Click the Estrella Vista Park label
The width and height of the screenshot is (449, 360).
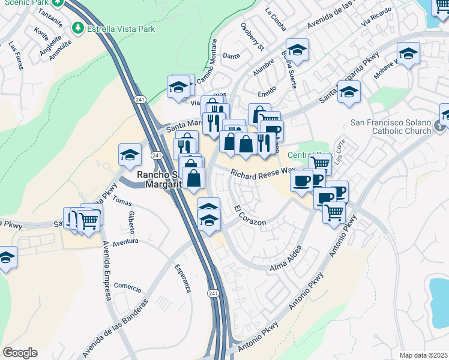(121, 28)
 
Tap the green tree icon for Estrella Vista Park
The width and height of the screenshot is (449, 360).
(78, 28)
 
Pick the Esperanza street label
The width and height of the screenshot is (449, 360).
(182, 278)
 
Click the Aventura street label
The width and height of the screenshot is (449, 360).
(125, 241)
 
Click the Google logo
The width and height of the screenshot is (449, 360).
(20, 353)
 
